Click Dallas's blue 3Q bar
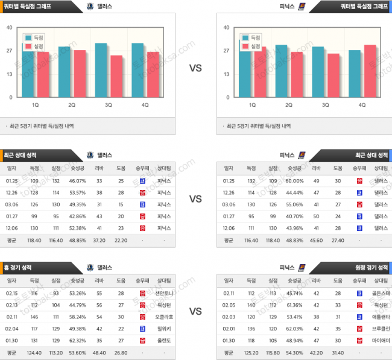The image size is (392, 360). pos(101,70)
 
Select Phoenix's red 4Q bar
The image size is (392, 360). pos(370,71)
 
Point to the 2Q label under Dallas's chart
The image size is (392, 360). pos(72,105)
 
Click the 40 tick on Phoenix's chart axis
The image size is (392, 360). pos(226,27)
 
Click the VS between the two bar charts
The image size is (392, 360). pos(195,68)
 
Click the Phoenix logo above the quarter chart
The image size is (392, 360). pos(302,6)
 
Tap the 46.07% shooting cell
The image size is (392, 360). pos(78,180)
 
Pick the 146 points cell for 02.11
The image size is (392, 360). pos(34,317)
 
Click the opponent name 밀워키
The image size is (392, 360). pos(164,328)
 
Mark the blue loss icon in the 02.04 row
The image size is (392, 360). pos(142,328)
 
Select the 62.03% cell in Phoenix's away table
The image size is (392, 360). pos(295,328)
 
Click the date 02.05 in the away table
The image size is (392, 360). pos(229,305)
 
